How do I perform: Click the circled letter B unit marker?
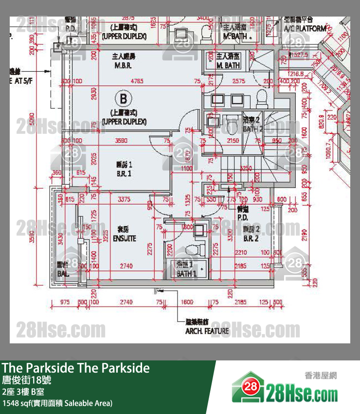pyautogui.click(x=124, y=99)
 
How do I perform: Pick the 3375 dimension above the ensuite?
pyautogui.click(x=125, y=199)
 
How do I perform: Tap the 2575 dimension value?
pyautogui.click(x=238, y=81)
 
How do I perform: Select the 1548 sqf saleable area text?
pyautogui.click(x=57, y=403)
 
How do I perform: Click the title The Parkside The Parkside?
pyautogui.click(x=75, y=368)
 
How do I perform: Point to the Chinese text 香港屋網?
pyautogui.click(x=321, y=375)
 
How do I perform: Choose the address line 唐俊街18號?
pyautogui.click(x=27, y=380)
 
